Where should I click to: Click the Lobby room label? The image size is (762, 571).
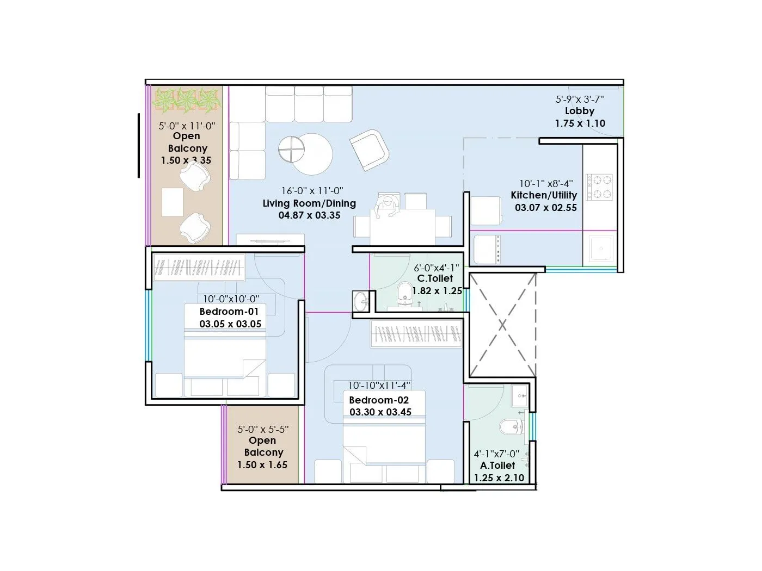pyautogui.click(x=580, y=111)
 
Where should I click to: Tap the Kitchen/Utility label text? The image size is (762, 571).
pyautogui.click(x=544, y=195)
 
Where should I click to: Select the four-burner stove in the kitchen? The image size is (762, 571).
pyautogui.click(x=599, y=187)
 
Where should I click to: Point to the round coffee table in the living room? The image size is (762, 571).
pyautogui.click(x=305, y=153)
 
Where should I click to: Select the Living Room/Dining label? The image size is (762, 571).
pyautogui.click(x=309, y=203)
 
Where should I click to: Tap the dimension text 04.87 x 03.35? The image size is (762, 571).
pyautogui.click(x=309, y=215)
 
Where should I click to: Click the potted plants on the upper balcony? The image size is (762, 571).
pyautogui.click(x=187, y=101)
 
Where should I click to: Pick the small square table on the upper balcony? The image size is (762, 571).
pyautogui.click(x=173, y=202)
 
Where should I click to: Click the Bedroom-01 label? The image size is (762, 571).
pyautogui.click(x=229, y=312)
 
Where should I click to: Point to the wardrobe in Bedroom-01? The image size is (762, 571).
pyautogui.click(x=198, y=268)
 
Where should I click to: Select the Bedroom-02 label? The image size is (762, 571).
pyautogui.click(x=379, y=400)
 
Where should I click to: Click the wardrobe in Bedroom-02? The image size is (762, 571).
pyautogui.click(x=416, y=333)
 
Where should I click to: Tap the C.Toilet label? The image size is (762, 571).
pyautogui.click(x=435, y=278)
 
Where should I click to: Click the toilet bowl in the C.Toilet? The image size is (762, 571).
pyautogui.click(x=404, y=293)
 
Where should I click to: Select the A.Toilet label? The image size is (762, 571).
pyautogui.click(x=497, y=466)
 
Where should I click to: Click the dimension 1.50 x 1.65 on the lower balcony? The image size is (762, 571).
pyautogui.click(x=262, y=465)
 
